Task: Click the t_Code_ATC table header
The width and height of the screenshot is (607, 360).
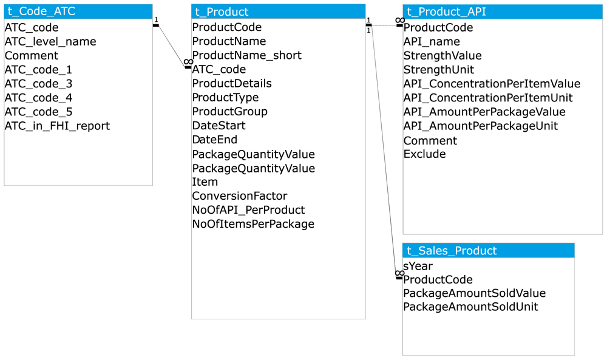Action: tap(78, 12)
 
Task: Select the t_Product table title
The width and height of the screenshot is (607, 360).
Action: tap(279, 12)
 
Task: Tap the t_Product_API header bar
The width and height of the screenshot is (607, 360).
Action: tap(503, 12)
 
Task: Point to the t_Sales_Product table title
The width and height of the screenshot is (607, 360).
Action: tap(489, 251)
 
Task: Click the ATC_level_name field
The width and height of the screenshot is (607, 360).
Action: tap(50, 41)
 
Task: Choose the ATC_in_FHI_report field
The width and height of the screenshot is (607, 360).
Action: tap(57, 126)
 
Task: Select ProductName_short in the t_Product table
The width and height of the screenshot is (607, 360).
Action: tap(246, 55)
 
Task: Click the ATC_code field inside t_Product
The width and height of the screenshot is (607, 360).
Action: tap(219, 69)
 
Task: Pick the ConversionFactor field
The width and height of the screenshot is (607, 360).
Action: tap(240, 196)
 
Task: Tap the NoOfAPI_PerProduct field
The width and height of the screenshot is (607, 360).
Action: tap(248, 210)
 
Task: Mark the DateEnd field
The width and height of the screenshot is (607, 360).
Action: tap(214, 140)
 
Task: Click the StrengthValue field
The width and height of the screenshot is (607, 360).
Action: tap(443, 56)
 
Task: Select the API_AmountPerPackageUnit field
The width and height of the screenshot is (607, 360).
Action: tap(480, 126)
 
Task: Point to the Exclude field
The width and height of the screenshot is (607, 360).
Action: tap(424, 154)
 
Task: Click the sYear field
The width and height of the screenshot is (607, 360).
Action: tap(418, 267)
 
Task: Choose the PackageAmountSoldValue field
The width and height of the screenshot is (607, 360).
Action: tap(474, 293)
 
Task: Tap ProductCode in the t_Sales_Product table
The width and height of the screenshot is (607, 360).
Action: tap(438, 279)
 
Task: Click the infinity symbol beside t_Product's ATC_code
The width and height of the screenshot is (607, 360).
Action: tap(189, 62)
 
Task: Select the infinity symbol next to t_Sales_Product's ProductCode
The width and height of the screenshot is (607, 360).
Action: tap(400, 273)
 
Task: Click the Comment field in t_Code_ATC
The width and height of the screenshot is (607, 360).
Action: tap(32, 56)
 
